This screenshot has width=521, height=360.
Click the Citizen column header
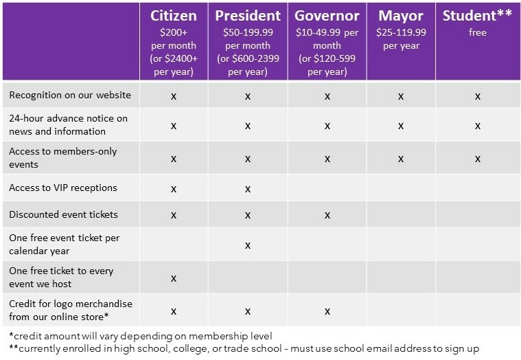coord(174,16)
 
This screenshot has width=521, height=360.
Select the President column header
coord(248,16)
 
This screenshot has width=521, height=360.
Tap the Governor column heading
coord(327,16)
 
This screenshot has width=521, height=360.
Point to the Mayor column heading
coord(401,16)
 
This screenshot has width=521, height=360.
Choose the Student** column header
coord(477,16)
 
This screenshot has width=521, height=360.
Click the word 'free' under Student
coord(478,32)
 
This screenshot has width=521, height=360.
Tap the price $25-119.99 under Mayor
coord(401,32)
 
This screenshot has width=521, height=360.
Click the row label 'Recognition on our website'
coord(70,95)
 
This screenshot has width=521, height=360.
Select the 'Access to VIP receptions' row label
coord(63,188)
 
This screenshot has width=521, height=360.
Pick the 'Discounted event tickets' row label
coord(63,214)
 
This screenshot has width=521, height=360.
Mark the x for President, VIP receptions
coord(248,189)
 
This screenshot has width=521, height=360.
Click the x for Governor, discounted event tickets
coord(327,216)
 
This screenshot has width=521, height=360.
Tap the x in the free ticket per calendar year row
coord(248,246)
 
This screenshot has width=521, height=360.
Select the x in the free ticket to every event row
coord(174,278)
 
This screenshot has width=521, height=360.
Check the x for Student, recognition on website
coord(478,96)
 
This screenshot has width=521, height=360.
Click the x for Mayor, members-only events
coord(401,159)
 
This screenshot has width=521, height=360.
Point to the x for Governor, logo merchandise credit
coord(327,311)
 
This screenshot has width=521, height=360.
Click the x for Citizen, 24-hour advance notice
coord(174,126)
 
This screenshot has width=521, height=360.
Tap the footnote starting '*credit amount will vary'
coord(141,336)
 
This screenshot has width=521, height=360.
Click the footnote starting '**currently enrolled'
coord(244,348)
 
